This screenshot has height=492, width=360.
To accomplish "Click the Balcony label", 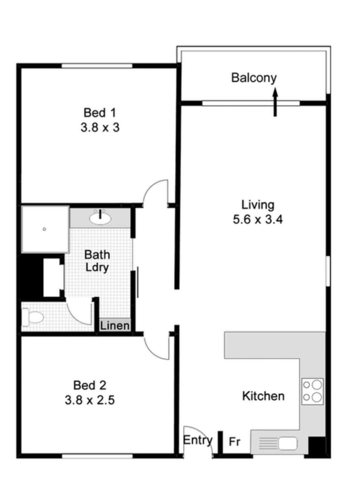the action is [x=254, y=78].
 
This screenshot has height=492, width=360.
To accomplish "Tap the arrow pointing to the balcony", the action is [x=275, y=102].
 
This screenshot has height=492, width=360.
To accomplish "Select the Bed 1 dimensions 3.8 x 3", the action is [x=100, y=127].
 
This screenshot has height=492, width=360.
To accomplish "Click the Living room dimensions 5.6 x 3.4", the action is [x=258, y=219].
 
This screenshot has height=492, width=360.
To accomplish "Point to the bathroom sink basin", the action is [x=100, y=218].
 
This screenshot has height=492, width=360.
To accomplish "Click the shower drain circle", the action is [x=44, y=229].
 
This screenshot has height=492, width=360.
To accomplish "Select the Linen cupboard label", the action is [x=114, y=326].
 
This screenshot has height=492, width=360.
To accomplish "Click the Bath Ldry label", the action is [x=97, y=261].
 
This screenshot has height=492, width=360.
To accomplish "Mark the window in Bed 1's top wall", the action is [x=97, y=66].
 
